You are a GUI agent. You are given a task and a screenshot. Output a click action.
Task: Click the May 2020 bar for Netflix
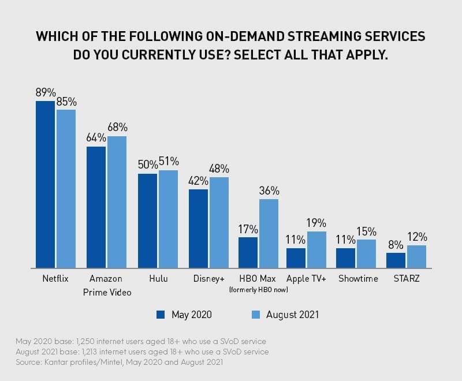point(46,185)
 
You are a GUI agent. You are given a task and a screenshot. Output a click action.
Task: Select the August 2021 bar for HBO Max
point(269,234)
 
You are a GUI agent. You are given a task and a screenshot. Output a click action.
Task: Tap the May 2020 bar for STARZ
point(396,260)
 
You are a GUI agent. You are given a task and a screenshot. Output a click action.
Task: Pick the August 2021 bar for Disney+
point(219,223)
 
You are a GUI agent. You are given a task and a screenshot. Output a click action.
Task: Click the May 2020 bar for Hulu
point(147,221)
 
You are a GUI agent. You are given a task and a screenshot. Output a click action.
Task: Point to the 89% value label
point(46,93)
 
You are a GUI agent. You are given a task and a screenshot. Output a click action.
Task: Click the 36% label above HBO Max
point(269,190)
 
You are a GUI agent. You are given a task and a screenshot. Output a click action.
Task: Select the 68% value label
point(117,128)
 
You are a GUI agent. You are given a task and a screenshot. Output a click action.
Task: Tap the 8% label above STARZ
point(396,245)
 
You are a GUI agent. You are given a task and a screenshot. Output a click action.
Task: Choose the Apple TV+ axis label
point(307,279)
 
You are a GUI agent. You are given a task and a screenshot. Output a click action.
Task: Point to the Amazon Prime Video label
point(106,285)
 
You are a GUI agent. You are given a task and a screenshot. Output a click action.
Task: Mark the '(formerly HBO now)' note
point(259,289)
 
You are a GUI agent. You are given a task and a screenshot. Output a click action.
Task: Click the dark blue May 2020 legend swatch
point(161,315)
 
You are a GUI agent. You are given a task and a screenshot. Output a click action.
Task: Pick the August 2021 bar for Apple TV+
point(316,250)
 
